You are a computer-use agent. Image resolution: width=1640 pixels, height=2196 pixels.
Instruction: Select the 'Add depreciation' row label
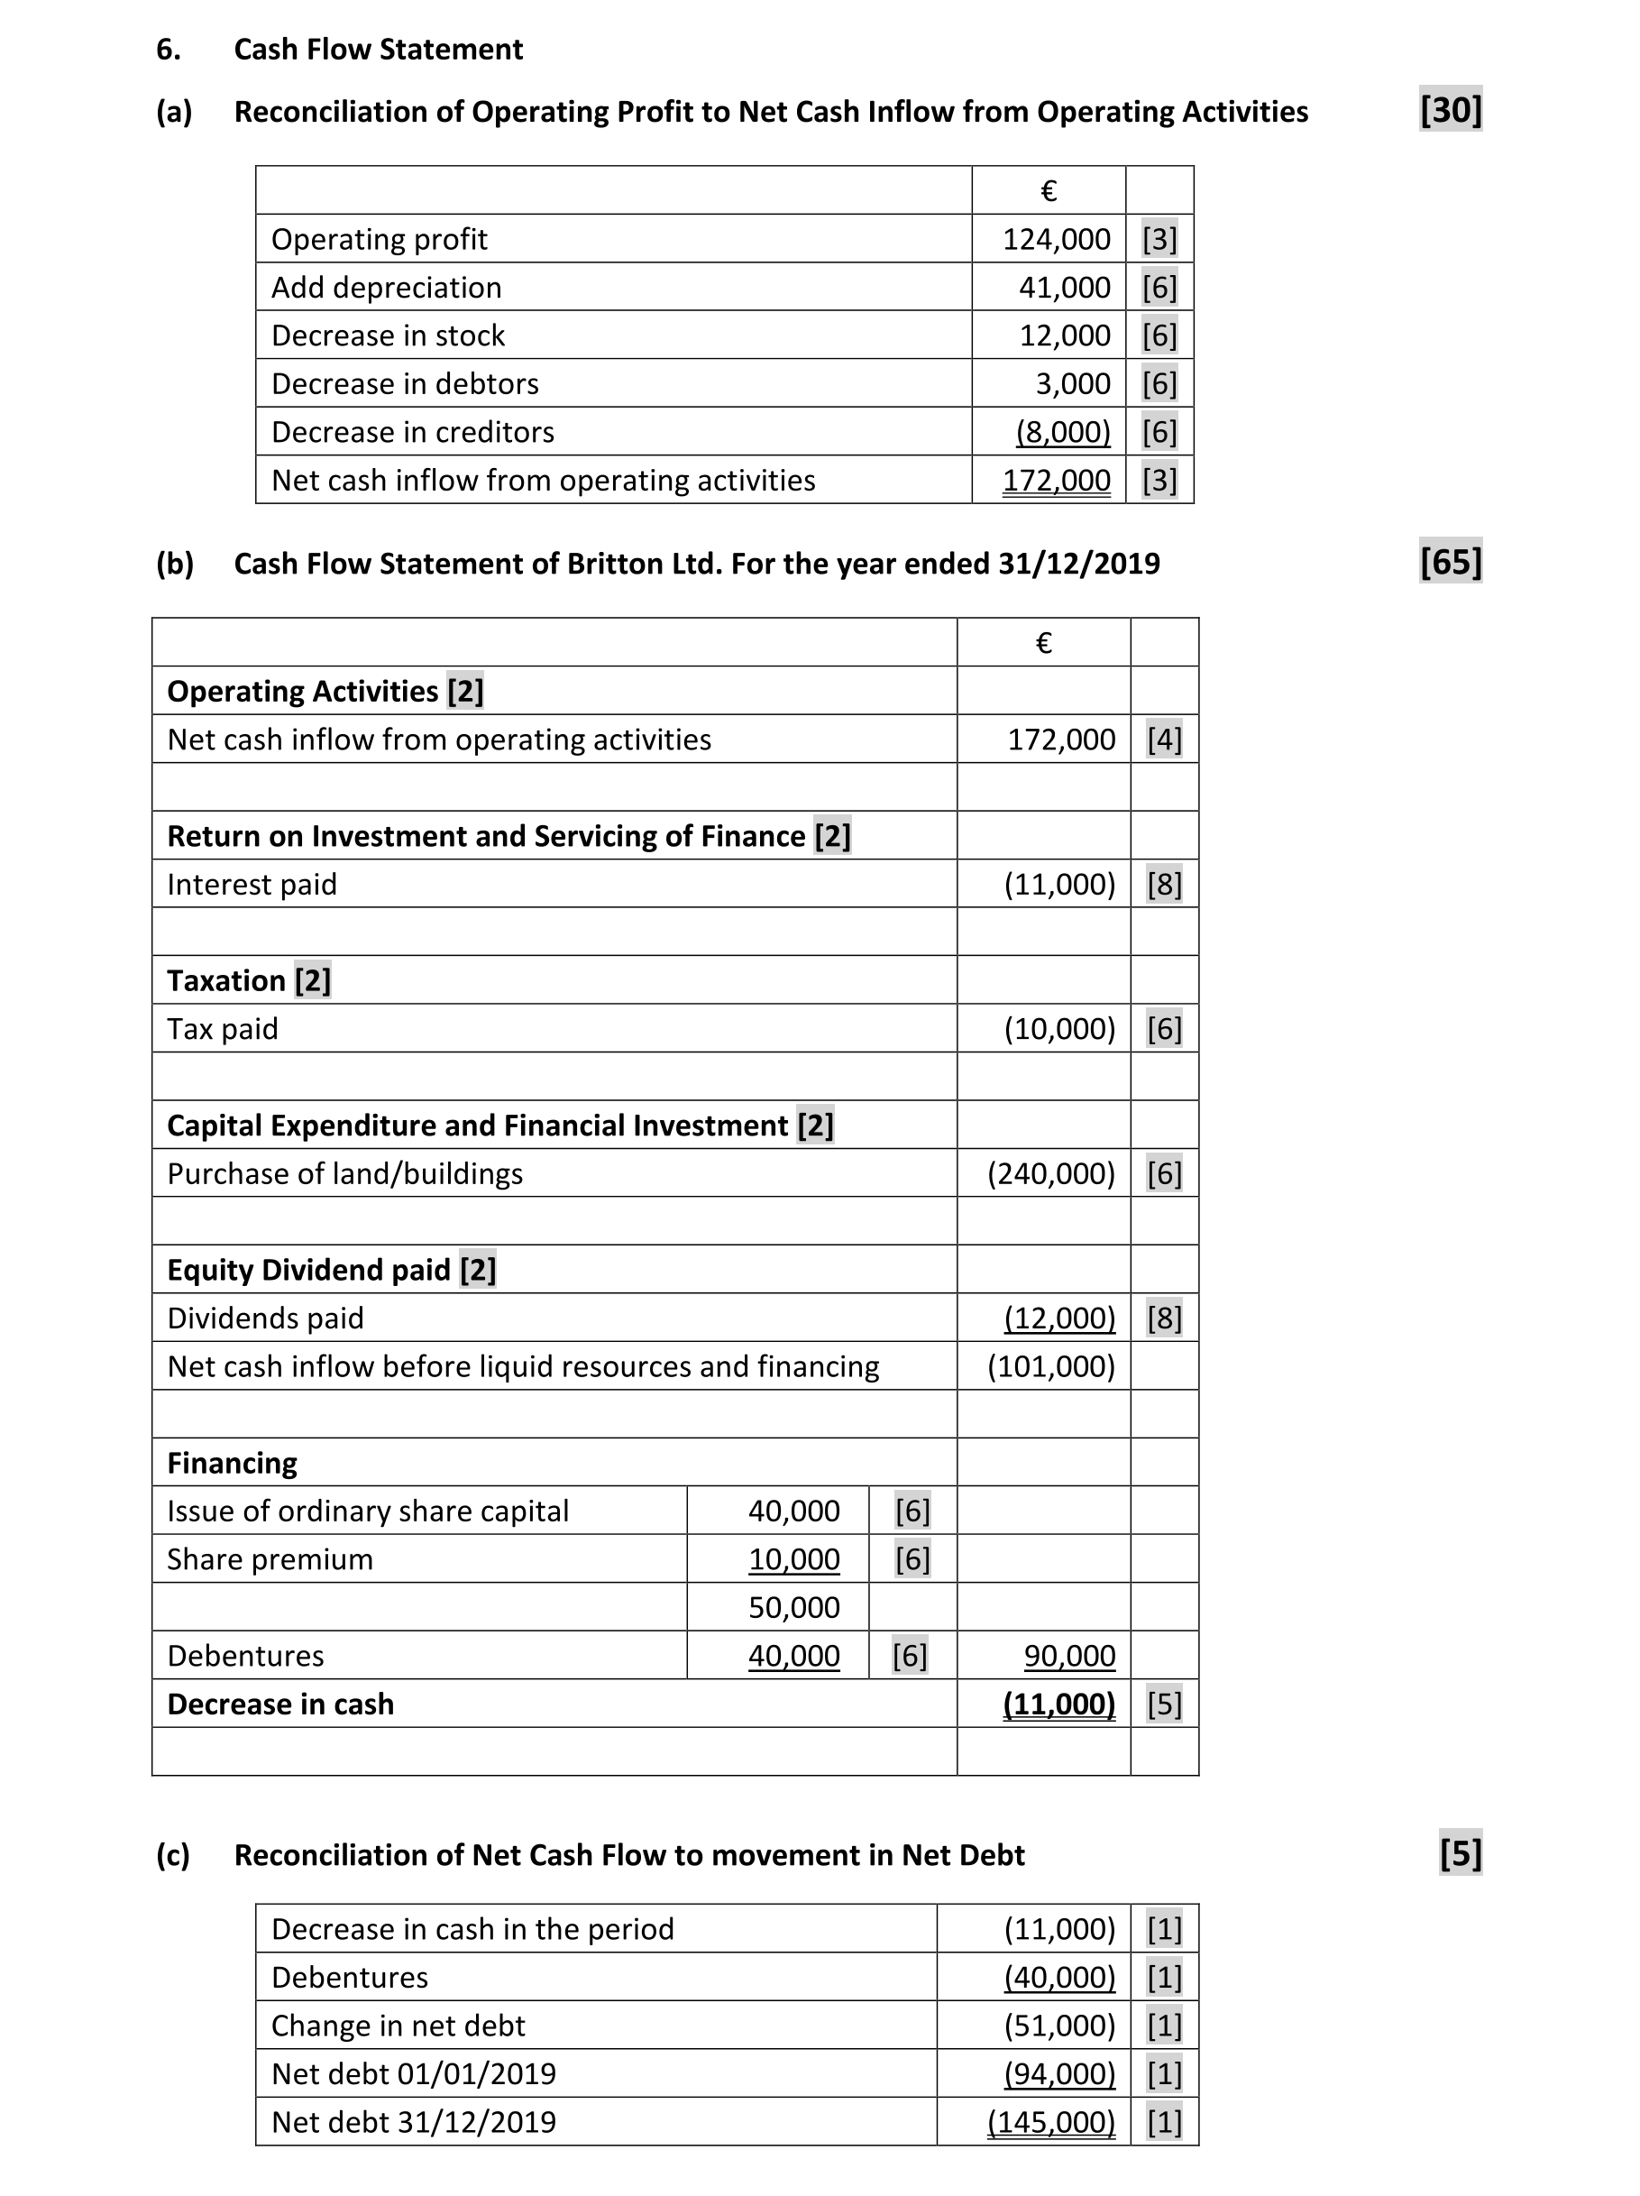click(386, 288)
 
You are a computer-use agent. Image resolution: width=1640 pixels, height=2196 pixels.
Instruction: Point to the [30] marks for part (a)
click(1450, 109)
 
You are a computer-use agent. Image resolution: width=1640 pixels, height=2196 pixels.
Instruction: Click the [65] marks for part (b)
click(1450, 562)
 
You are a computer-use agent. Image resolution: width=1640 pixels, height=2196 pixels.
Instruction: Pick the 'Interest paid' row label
click(252, 885)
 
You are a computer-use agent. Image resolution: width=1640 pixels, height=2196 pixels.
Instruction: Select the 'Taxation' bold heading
click(226, 981)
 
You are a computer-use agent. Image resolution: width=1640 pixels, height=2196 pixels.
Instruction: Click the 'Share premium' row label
click(270, 1559)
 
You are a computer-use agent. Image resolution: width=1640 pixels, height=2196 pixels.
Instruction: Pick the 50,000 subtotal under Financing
click(793, 1607)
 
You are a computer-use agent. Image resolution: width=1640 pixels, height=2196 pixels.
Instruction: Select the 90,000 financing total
click(1069, 1656)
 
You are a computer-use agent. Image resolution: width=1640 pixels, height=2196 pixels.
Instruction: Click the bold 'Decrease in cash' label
click(280, 1704)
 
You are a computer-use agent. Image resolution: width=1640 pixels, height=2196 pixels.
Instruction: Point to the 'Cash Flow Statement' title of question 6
click(379, 50)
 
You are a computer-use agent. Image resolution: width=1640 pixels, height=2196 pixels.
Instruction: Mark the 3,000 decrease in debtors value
click(1072, 384)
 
